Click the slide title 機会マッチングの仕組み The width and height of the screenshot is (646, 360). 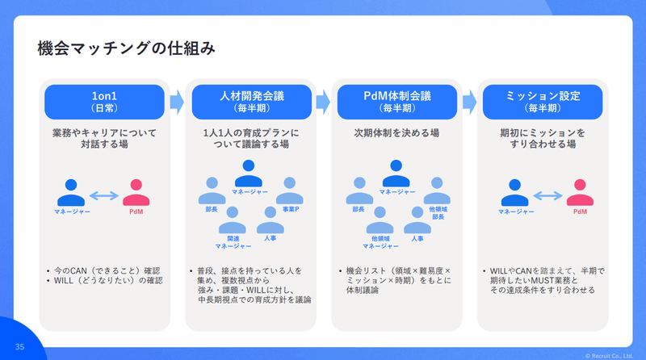pyautogui.click(x=127, y=48)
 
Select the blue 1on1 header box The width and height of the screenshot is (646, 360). pyautogui.click(x=104, y=102)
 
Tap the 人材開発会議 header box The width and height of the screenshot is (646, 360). pyautogui.click(x=252, y=102)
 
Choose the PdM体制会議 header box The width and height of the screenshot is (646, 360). pyautogui.click(x=397, y=102)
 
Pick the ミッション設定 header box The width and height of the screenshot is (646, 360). pyautogui.click(x=543, y=102)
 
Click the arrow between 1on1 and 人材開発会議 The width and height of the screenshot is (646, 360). pyautogui.click(x=177, y=102)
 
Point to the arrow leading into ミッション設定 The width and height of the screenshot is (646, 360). pyautogui.click(x=470, y=102)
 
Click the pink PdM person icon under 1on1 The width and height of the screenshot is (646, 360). pyautogui.click(x=136, y=192)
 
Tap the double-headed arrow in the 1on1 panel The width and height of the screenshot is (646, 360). pyautogui.click(x=104, y=195)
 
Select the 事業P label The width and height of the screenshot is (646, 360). pyautogui.click(x=291, y=209)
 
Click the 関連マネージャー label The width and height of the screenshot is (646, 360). pyautogui.click(x=233, y=242)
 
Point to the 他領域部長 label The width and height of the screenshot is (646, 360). pyautogui.click(x=438, y=213)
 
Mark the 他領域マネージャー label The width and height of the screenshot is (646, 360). pyautogui.click(x=380, y=242)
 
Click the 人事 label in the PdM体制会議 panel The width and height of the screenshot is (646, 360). pyautogui.click(x=417, y=238)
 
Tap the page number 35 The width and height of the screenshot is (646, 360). pyautogui.click(x=19, y=347)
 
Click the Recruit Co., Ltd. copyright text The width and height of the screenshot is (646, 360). pyautogui.click(x=609, y=356)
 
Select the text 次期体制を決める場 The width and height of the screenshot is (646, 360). pyautogui.click(x=396, y=132)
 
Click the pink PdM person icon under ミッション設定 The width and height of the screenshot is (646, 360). pyautogui.click(x=580, y=192)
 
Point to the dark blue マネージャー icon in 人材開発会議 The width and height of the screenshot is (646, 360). pyautogui.click(x=249, y=174)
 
